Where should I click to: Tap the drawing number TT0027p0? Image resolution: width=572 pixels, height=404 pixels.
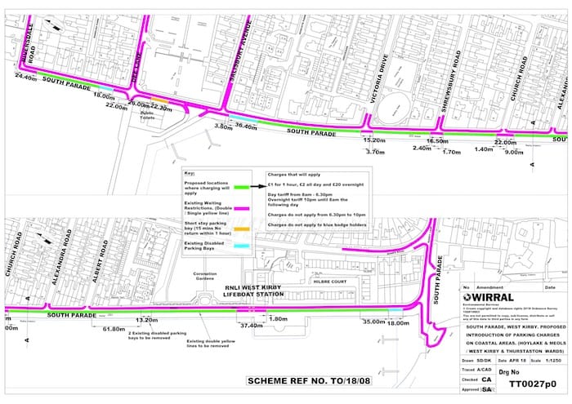(531, 381)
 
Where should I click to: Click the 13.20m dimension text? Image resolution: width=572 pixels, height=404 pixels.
(147, 320)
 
